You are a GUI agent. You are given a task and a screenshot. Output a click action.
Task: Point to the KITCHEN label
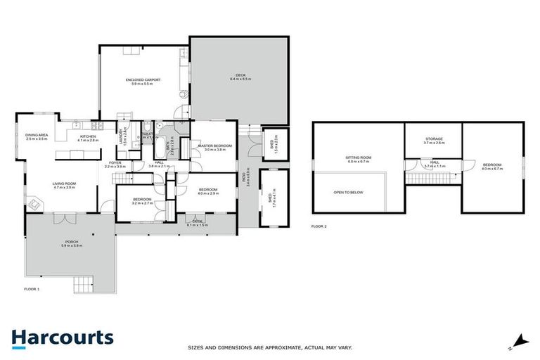tap(88, 138)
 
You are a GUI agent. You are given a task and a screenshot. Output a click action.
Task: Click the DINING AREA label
tap(36, 136)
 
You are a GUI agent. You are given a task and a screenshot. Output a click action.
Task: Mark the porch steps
tap(84, 284)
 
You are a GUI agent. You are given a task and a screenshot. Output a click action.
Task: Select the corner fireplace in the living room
tap(33, 205)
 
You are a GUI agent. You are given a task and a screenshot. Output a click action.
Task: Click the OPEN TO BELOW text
tap(348, 192)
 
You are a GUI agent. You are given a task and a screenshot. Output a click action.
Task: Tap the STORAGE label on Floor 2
tap(434, 140)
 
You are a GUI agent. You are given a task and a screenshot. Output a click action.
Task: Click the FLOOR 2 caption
tap(319, 226)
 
